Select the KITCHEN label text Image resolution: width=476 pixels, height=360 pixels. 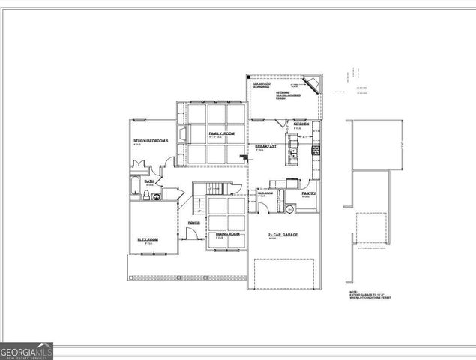[302, 124]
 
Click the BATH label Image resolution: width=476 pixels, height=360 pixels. [149, 181]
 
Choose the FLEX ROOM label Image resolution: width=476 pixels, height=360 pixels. [148, 239]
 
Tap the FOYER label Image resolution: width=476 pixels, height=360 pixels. [193, 223]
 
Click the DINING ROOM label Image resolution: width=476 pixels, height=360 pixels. [228, 234]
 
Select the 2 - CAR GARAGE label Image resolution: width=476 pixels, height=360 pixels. [283, 235]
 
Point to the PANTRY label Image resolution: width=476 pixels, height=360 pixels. [308, 193]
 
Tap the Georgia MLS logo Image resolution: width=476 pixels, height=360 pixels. [27, 350]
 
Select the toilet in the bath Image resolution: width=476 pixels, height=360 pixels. [145, 196]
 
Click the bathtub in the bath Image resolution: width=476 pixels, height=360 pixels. [133, 187]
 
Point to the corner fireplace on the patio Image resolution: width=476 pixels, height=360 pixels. [311, 83]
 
